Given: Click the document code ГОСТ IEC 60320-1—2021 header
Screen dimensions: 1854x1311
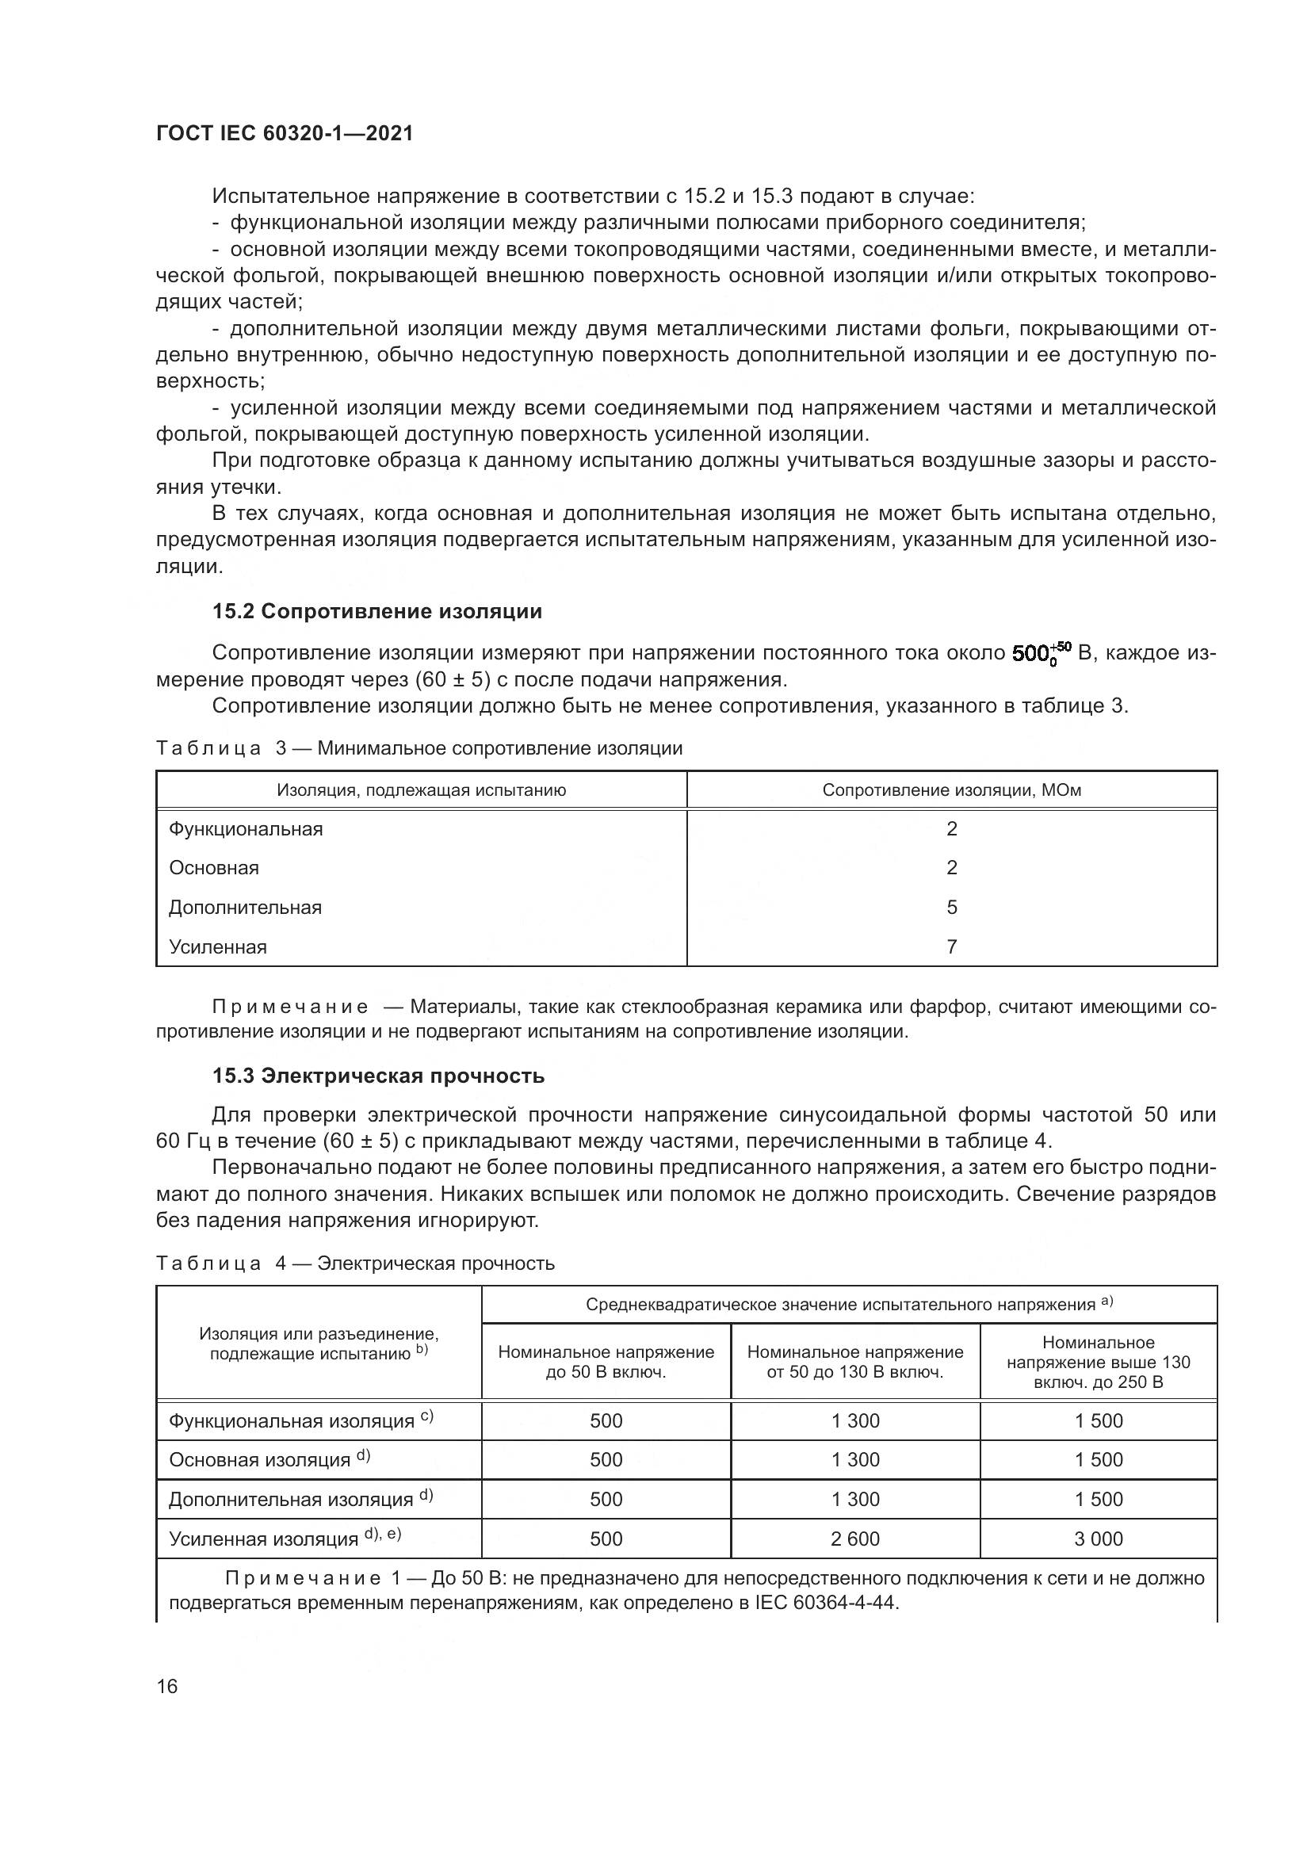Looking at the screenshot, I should pos(285,133).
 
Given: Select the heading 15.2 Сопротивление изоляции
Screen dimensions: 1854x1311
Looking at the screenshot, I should pos(377,611).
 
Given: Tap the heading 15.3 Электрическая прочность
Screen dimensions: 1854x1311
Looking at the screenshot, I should pos(378,1076).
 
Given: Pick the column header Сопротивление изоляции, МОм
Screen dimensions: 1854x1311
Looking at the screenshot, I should pos(951,789).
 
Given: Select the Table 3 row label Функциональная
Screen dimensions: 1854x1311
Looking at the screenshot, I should pos(246,829).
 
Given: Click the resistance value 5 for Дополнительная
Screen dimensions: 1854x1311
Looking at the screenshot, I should pos(952,908).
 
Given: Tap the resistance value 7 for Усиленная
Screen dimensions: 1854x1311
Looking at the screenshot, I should pos(952,946).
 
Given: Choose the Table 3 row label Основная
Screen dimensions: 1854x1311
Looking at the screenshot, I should pos(214,868).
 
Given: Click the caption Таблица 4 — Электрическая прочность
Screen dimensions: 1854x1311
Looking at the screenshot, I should pos(355,1263).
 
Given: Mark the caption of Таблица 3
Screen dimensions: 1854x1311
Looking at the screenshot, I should pos(419,747).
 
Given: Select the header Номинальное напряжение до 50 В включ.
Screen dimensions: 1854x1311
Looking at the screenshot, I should pos(606,1362).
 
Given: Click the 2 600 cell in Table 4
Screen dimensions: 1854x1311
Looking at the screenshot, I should pos(855,1539).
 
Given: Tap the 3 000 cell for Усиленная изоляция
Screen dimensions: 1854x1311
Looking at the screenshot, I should pos(1098,1539).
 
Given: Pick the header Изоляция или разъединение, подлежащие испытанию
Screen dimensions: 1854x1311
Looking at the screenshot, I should pos(319,1344).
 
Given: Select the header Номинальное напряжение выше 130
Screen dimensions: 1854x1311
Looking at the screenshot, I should pos(1098,1362).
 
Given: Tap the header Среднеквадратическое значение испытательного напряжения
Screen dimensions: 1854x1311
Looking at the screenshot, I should pos(848,1304).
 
